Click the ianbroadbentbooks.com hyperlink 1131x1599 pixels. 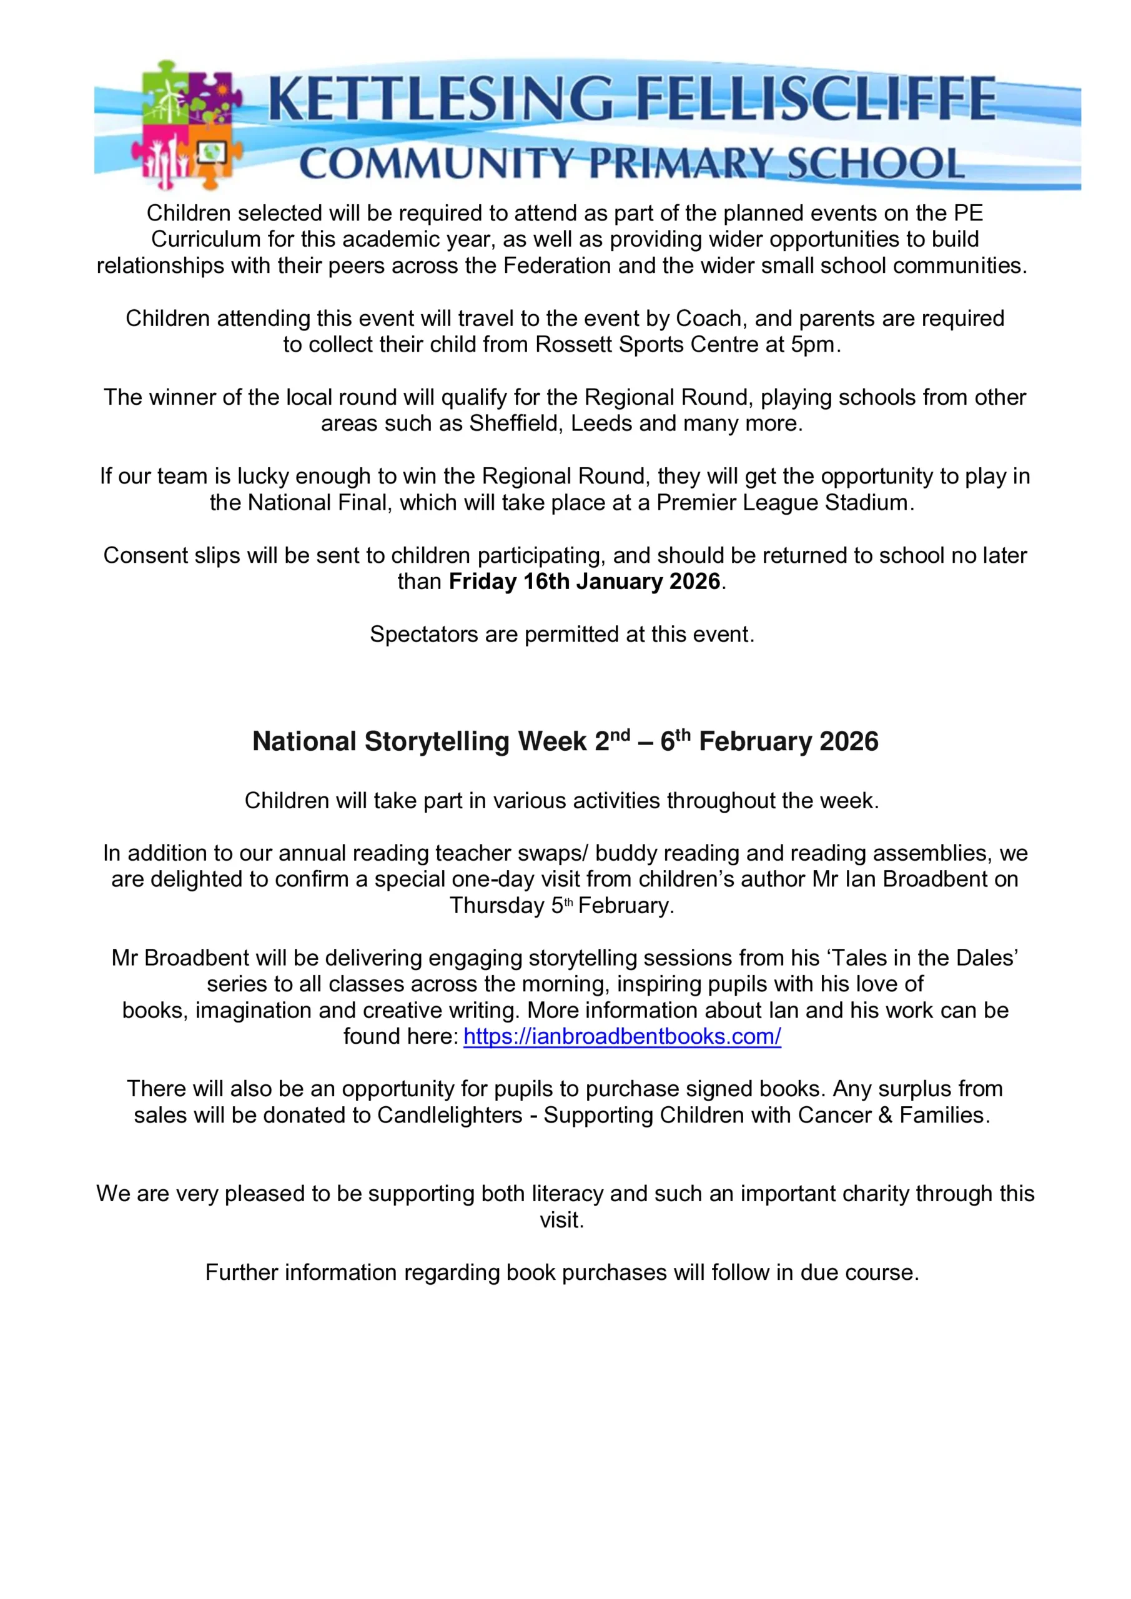click(622, 1036)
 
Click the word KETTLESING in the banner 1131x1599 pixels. click(440, 99)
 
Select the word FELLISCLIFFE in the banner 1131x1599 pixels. click(816, 99)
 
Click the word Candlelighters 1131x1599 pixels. click(449, 1115)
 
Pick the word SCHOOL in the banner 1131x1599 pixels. click(875, 164)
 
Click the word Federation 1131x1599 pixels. click(557, 265)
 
